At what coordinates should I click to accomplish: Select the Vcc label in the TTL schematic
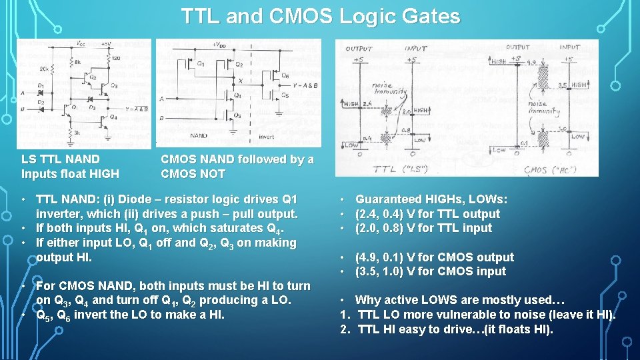pyautogui.click(x=80, y=44)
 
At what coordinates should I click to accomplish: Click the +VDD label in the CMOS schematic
pyautogui.click(x=218, y=45)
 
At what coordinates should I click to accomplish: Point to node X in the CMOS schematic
pyautogui.click(x=240, y=80)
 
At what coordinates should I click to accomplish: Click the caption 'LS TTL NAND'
pyautogui.click(x=61, y=159)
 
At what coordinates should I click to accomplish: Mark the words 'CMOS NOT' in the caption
pyautogui.click(x=193, y=174)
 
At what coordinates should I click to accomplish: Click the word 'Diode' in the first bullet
pyautogui.click(x=133, y=199)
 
